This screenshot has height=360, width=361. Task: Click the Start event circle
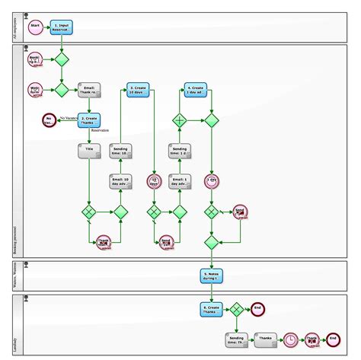coord(35,27)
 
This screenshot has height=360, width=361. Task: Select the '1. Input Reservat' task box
coord(62,27)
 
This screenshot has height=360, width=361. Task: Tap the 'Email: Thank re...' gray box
coord(88,90)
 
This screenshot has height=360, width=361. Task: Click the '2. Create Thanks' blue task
coord(88,120)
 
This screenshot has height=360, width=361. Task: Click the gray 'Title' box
coord(88,151)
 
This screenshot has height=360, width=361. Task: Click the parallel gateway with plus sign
coord(180,120)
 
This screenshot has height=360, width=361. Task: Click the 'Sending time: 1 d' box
coord(180,151)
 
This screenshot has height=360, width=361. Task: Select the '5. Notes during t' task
coord(212,275)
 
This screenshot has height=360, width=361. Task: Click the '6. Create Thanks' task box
coord(212,309)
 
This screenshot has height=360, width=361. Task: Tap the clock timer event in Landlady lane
coord(290,339)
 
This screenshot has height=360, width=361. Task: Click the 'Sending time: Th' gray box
coord(236,339)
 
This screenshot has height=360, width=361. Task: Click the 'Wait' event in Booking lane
coord(35,90)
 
